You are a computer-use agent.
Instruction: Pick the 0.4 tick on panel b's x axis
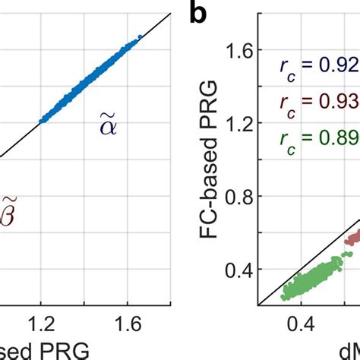(x=302, y=324)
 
